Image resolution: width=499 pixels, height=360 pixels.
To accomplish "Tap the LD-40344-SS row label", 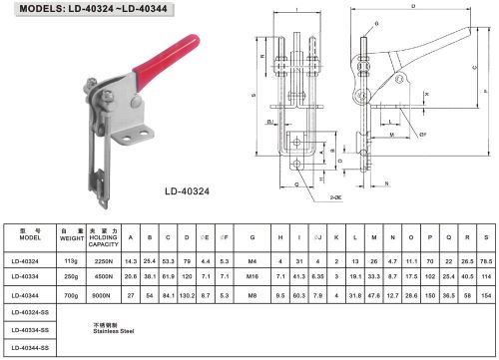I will point(31,347).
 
